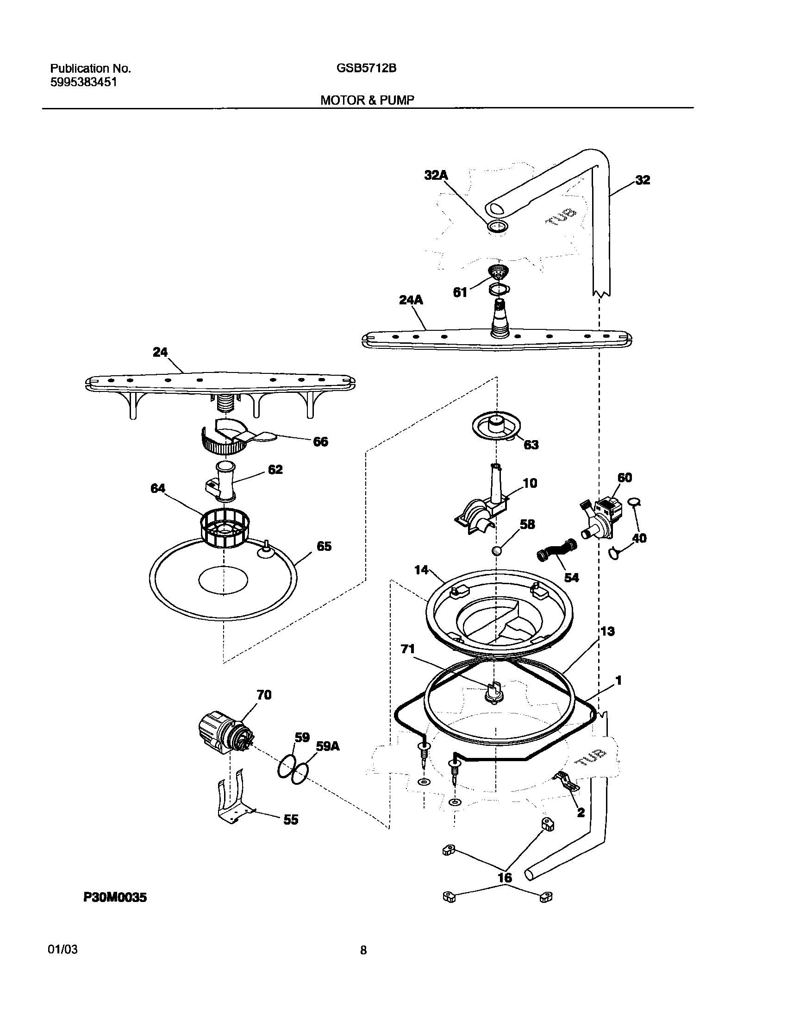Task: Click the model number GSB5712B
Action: coord(366,69)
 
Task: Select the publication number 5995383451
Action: coord(83,82)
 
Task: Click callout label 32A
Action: coord(436,175)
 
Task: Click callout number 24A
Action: coord(411,300)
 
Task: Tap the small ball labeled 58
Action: coord(496,551)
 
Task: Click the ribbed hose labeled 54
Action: coord(556,549)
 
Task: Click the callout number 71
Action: coord(407,649)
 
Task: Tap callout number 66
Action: coord(320,441)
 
